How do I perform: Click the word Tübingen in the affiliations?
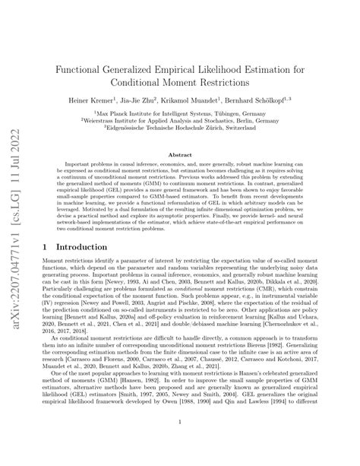[234, 113]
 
